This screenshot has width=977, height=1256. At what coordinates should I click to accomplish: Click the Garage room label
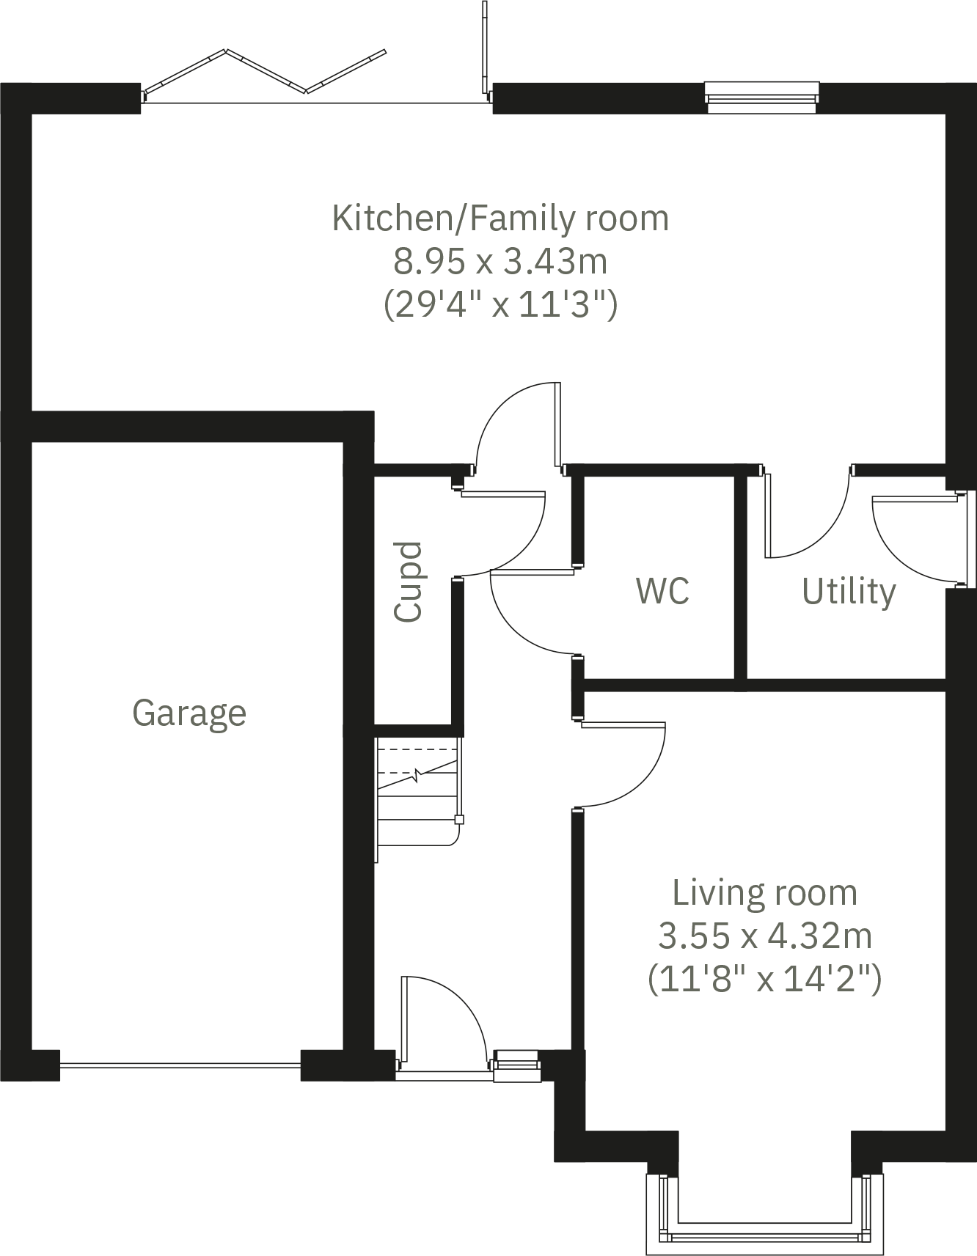click(189, 713)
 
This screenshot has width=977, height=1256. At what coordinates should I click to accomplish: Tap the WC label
click(662, 591)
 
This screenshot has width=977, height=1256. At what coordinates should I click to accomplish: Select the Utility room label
click(849, 591)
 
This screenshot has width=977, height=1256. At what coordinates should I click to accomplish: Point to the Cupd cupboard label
click(409, 582)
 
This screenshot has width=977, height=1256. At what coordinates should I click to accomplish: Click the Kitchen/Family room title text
click(500, 218)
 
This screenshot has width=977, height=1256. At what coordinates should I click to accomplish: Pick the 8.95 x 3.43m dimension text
click(500, 261)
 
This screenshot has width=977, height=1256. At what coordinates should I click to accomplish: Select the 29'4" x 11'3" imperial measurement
click(500, 304)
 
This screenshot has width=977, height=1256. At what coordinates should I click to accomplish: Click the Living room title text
click(764, 893)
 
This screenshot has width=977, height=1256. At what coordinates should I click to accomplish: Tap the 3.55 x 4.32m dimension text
click(764, 936)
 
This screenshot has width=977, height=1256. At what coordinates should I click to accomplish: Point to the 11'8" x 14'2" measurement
click(764, 978)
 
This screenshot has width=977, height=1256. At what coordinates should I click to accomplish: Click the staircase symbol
click(418, 792)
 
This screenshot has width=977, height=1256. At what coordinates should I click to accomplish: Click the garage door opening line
click(180, 1065)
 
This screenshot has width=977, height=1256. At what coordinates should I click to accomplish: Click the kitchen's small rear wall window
click(761, 98)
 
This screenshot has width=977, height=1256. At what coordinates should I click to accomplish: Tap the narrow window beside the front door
click(517, 1065)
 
